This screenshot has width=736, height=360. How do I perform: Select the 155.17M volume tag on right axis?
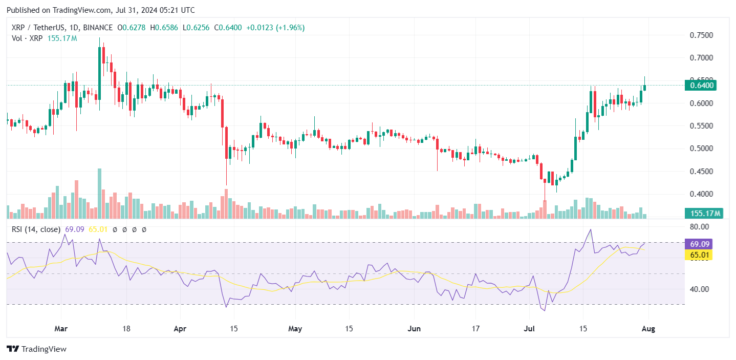(x=704, y=213)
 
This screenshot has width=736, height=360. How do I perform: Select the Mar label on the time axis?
(x=61, y=328)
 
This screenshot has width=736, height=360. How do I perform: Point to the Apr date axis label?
(x=180, y=328)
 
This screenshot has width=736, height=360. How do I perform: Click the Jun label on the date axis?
(x=415, y=328)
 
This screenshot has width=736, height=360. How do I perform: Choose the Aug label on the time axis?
(x=649, y=328)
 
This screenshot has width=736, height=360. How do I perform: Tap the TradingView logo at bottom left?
(x=36, y=349)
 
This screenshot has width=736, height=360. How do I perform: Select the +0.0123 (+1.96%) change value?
(x=275, y=28)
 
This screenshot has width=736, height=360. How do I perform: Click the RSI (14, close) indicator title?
(x=36, y=229)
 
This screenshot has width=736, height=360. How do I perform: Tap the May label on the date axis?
(x=296, y=328)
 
